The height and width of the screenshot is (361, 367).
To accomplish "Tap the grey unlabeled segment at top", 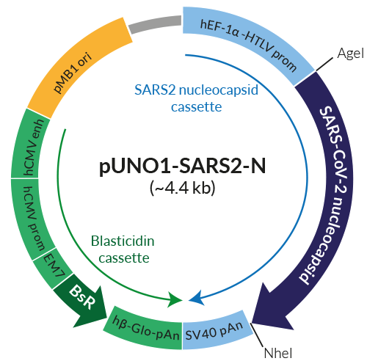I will [154, 26].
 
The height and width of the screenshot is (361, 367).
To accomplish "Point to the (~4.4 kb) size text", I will [181, 188].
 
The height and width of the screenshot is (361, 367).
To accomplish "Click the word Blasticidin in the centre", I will [124, 241].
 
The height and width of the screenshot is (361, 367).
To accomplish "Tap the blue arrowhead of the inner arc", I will [196, 299].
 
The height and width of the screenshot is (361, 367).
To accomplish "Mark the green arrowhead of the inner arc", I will [175, 299].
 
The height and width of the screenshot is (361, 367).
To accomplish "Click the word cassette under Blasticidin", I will [126, 258].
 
